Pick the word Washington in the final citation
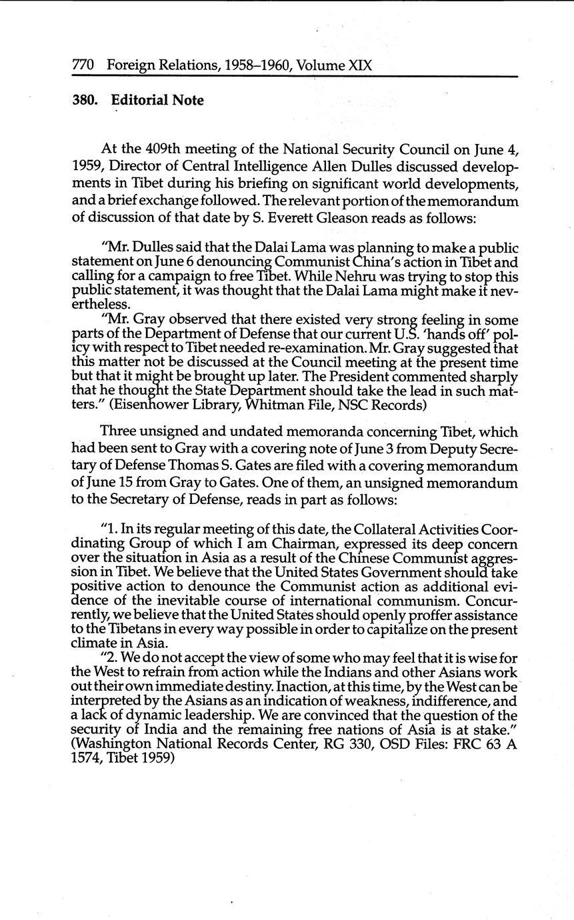[x=109, y=745]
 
